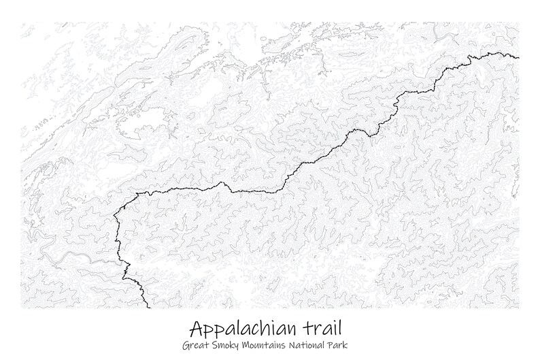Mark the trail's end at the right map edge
click(x=518, y=58)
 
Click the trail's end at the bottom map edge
click(x=148, y=307)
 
